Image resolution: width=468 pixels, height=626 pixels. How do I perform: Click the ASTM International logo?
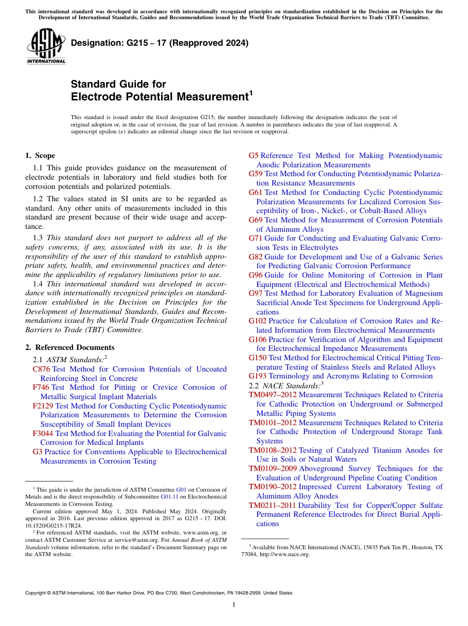tap(46, 46)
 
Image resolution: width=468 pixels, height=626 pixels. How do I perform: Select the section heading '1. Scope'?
tap(40, 156)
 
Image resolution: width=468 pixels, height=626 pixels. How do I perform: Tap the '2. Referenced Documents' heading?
tap(70, 347)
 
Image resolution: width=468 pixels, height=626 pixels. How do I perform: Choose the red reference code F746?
tap(41, 387)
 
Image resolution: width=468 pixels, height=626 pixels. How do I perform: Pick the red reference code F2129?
tap(43, 406)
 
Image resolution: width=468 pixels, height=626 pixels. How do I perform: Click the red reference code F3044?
tap(43, 434)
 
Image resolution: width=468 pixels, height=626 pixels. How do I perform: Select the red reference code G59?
tap(256, 174)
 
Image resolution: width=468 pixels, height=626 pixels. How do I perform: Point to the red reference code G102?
tap(258, 321)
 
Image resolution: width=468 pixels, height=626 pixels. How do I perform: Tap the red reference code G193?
tap(258, 376)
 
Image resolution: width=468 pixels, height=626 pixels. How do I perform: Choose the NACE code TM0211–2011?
tap(271, 505)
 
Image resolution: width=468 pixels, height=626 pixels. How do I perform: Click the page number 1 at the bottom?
tap(234, 605)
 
